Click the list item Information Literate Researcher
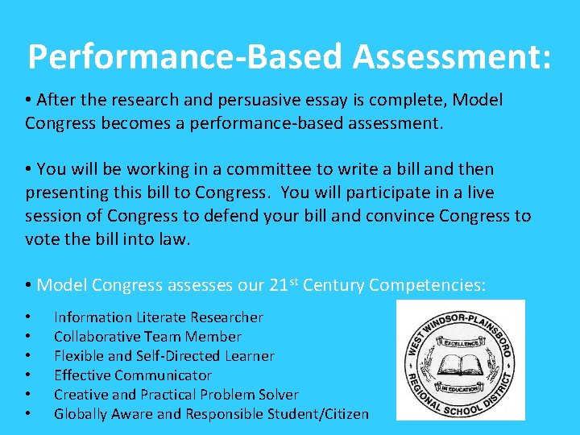click(x=158, y=317)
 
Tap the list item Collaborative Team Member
click(x=147, y=337)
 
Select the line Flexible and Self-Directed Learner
click(x=164, y=356)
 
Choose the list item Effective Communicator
click(x=132, y=375)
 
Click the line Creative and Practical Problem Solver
click(x=176, y=395)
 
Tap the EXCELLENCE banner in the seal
click(x=459, y=342)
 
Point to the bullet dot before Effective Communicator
click(x=29, y=376)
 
